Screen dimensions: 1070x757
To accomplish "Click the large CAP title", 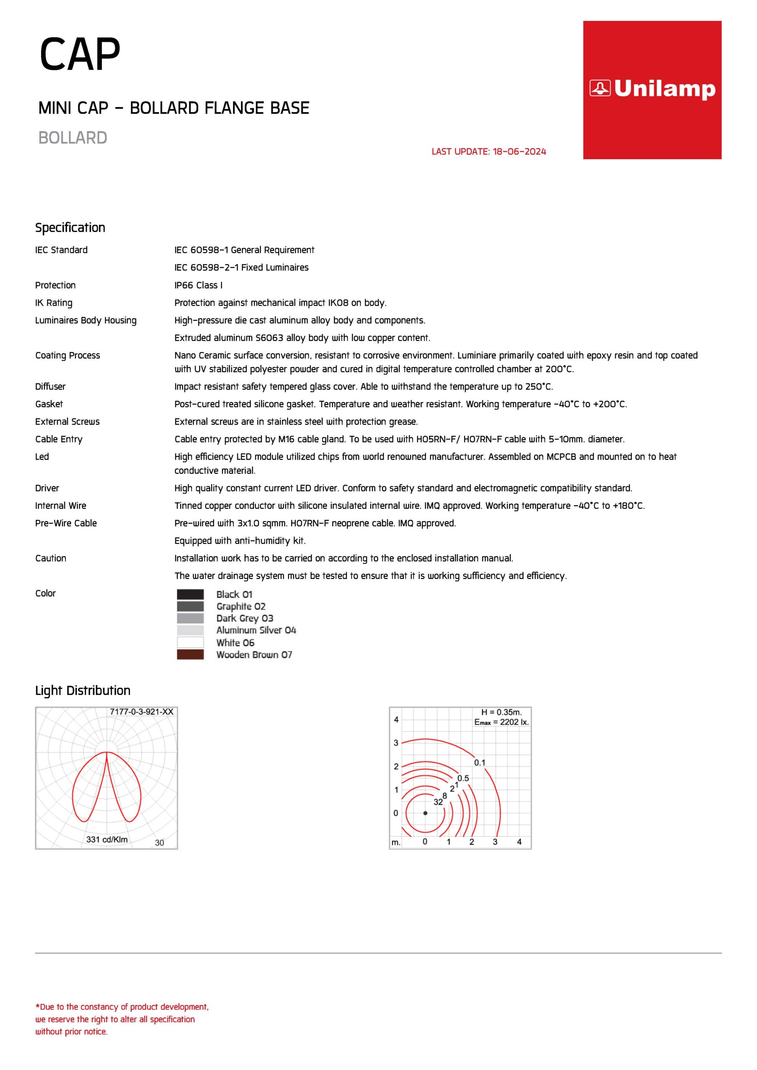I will tap(80, 54).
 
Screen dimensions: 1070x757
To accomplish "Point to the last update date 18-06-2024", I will tap(519, 151).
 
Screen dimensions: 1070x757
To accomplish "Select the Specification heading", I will tap(70, 227).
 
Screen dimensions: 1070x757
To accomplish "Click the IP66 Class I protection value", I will tap(198, 285).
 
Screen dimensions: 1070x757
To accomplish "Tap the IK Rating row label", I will tap(54, 303).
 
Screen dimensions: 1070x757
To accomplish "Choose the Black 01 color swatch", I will tap(190, 594).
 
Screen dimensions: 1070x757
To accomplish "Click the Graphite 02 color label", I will tap(240, 606).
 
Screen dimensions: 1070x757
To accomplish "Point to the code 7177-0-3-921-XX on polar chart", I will tap(141, 712).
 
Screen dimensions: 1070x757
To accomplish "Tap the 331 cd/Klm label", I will tap(107, 839).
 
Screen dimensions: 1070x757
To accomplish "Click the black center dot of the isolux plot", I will tap(425, 813).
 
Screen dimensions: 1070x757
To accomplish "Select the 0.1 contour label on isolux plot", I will tap(479, 762).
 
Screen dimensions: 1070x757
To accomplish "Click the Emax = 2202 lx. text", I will tap(501, 722).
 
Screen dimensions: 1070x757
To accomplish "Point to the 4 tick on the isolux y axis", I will tap(396, 720).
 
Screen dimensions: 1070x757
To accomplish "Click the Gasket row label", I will tap(49, 404).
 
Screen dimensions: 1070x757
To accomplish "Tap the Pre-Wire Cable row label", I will tap(66, 523).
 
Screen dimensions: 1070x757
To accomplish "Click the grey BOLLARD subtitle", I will tap(73, 138).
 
